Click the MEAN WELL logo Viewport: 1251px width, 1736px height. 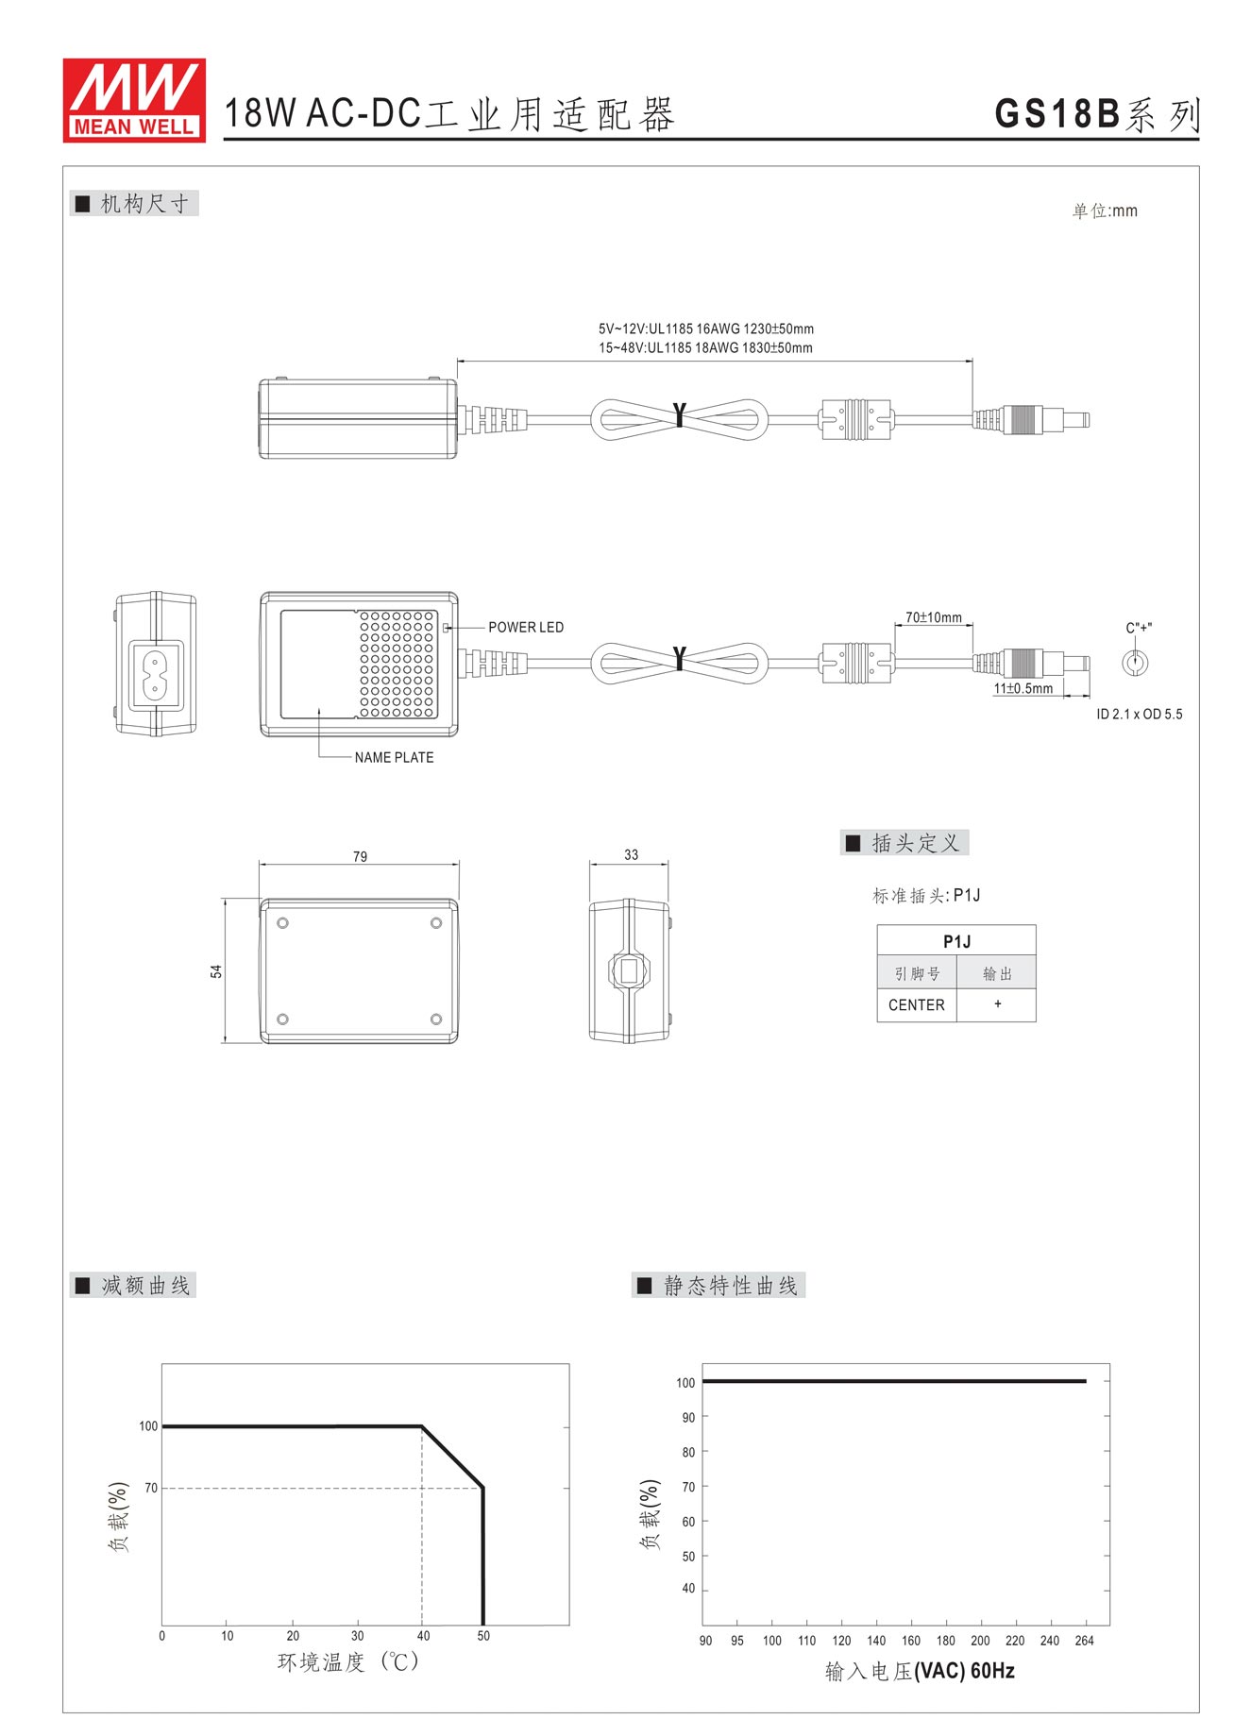(x=134, y=100)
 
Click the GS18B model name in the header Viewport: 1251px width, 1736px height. (x=1057, y=114)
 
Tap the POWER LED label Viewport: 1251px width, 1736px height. (x=526, y=627)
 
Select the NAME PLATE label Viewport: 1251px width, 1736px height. (x=395, y=757)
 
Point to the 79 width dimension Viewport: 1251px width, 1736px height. (x=360, y=856)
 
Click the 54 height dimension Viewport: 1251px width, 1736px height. (x=216, y=971)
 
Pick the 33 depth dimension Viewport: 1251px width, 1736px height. (x=631, y=854)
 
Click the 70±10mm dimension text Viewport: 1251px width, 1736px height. (x=934, y=617)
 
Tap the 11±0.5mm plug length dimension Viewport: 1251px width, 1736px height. (x=1023, y=688)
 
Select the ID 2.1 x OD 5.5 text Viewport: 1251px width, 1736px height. (x=1140, y=714)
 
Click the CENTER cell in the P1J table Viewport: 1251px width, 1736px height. (x=916, y=1005)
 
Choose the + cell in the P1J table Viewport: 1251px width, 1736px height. (x=997, y=1004)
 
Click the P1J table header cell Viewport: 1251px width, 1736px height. (x=956, y=941)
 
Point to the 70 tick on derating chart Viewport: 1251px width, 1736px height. (x=151, y=1488)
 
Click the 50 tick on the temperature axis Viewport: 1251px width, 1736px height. (x=483, y=1636)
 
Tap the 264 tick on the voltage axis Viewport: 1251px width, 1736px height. (x=1084, y=1641)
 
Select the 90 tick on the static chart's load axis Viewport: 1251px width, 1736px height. (x=688, y=1417)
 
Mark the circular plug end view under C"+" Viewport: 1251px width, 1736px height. (x=1135, y=662)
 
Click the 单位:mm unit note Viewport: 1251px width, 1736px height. (x=1105, y=211)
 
